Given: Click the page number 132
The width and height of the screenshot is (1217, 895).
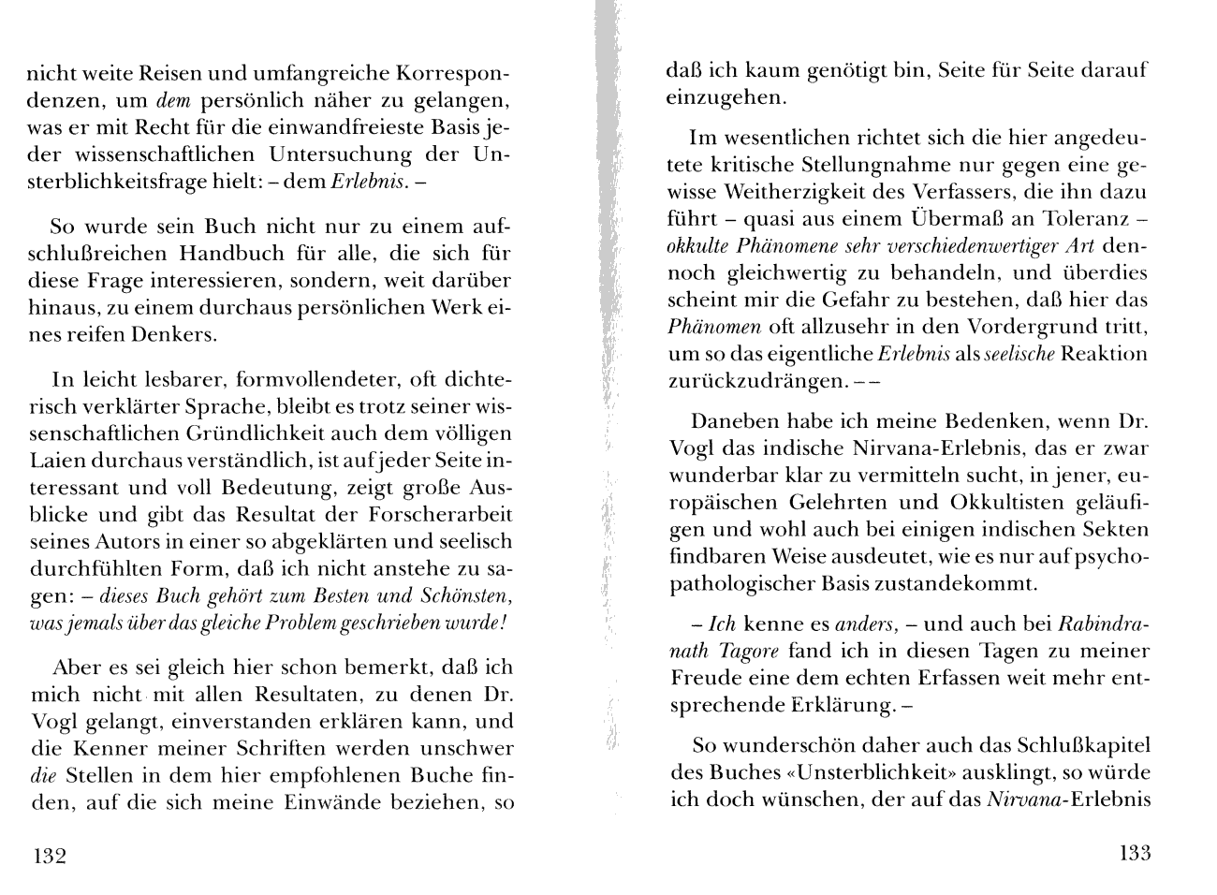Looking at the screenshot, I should click(49, 856).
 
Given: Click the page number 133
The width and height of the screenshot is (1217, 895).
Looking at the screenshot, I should click(1134, 853).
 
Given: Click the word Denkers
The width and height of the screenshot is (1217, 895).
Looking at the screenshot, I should click(169, 335).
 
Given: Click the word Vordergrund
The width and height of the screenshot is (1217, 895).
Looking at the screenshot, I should click(1034, 328).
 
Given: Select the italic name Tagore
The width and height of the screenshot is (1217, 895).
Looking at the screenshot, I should click(755, 652).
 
